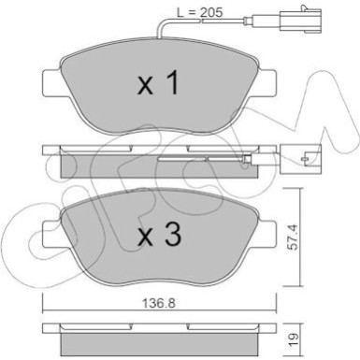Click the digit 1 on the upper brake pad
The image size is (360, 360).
(x=171, y=86)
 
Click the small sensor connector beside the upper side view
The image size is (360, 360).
(x=306, y=160)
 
